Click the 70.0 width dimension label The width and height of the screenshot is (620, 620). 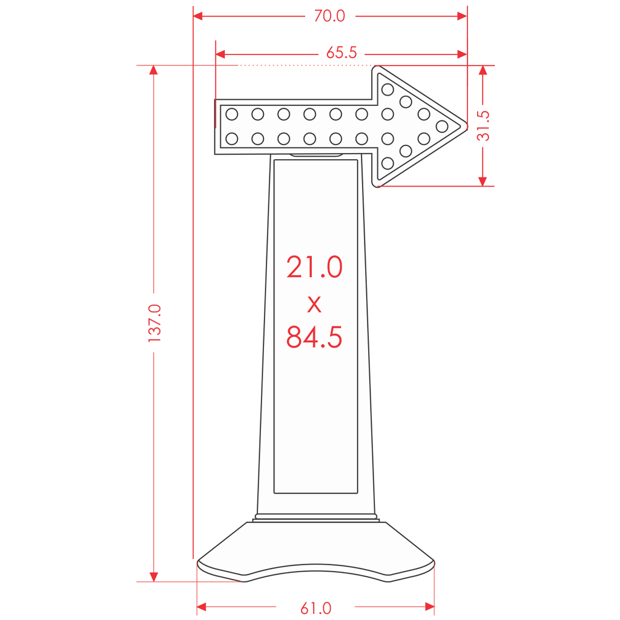tap(329, 16)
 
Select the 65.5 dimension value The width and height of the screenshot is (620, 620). tap(341, 53)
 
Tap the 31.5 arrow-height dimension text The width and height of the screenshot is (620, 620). tap(483, 126)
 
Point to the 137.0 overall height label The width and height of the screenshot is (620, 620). tap(154, 323)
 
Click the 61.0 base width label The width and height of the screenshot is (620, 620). tap(315, 608)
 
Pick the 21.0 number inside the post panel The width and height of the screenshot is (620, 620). tap(314, 267)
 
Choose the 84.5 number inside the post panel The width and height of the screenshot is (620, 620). tap(314, 337)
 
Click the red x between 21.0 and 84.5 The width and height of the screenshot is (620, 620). tap(314, 305)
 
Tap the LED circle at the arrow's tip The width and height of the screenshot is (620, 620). tap(441, 127)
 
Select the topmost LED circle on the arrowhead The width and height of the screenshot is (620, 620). tap(387, 90)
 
